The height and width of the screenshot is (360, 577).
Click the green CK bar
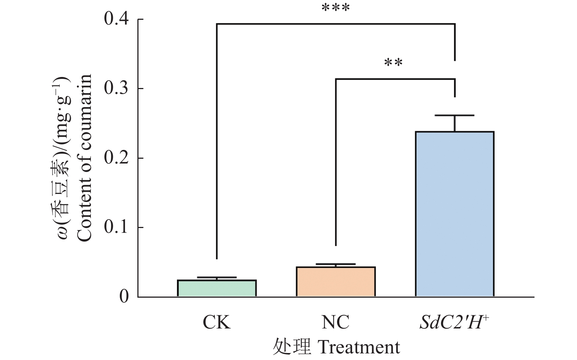(x=217, y=288)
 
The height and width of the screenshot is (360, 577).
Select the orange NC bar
(x=336, y=282)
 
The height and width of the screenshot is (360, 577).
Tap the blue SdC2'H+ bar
(x=455, y=214)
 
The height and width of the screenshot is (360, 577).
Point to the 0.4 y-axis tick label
(x=116, y=19)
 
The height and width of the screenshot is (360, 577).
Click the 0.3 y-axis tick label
(x=116, y=89)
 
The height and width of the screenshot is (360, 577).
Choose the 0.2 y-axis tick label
(x=116, y=158)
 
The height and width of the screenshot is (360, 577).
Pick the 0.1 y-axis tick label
(x=116, y=228)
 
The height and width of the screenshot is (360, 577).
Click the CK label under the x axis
(x=217, y=323)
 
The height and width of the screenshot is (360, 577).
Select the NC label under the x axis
(x=336, y=323)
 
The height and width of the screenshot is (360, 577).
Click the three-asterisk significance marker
(x=336, y=8)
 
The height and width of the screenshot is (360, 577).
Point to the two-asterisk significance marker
(x=393, y=63)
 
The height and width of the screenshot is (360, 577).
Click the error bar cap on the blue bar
(x=455, y=115)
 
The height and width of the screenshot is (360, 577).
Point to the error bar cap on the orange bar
(x=336, y=264)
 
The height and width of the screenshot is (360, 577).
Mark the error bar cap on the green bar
(x=217, y=277)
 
